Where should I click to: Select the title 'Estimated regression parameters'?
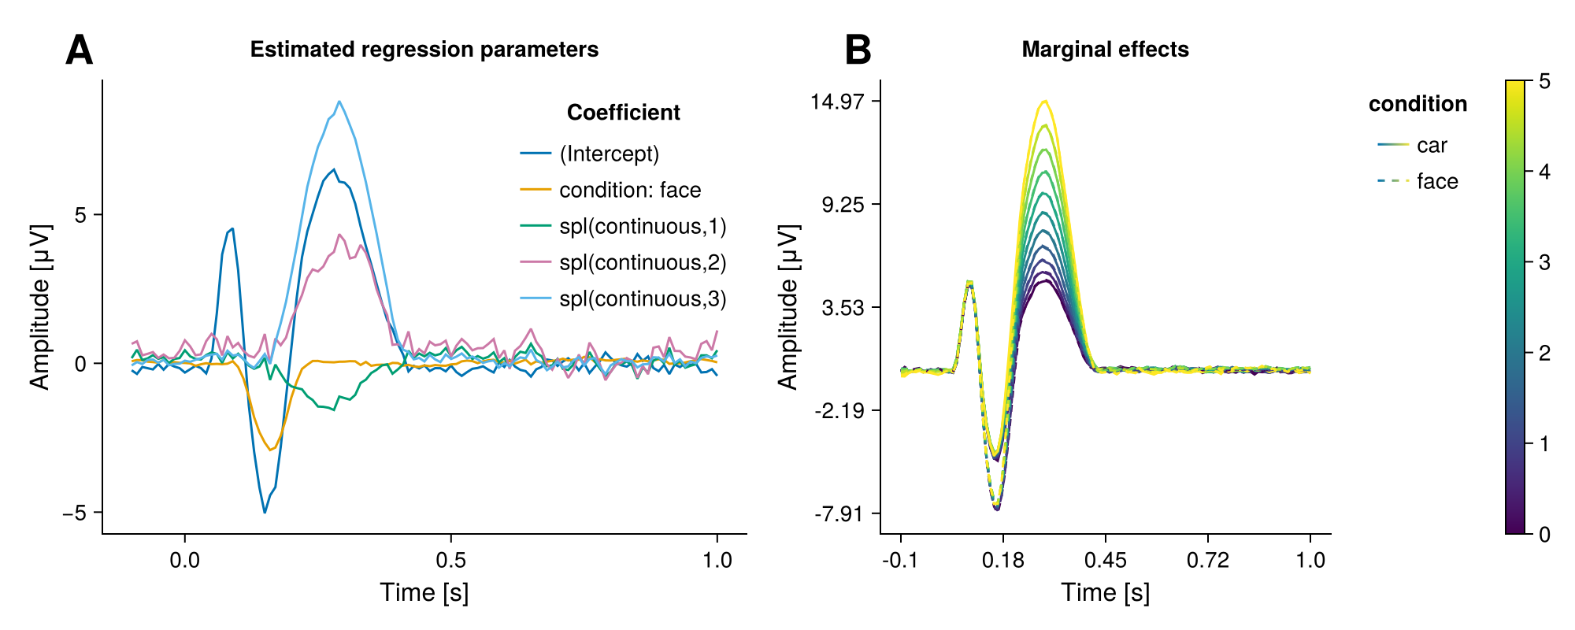tap(424, 50)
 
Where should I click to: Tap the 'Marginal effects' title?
tap(1105, 50)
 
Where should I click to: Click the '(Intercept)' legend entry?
tap(609, 154)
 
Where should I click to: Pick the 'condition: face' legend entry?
tap(630, 190)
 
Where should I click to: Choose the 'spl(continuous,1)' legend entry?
tap(643, 226)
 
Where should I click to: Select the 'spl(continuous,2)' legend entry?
tap(643, 262)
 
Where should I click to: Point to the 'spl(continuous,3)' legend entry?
tap(643, 298)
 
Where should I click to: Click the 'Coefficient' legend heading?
tap(623, 113)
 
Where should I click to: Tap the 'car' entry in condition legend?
tap(1432, 146)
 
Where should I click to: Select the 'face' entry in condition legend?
tap(1437, 182)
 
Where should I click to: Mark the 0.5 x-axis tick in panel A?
tap(450, 561)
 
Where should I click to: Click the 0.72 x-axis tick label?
tap(1207, 561)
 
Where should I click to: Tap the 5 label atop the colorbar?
tap(1544, 81)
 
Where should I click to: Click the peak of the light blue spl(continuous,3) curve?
tap(339, 102)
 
